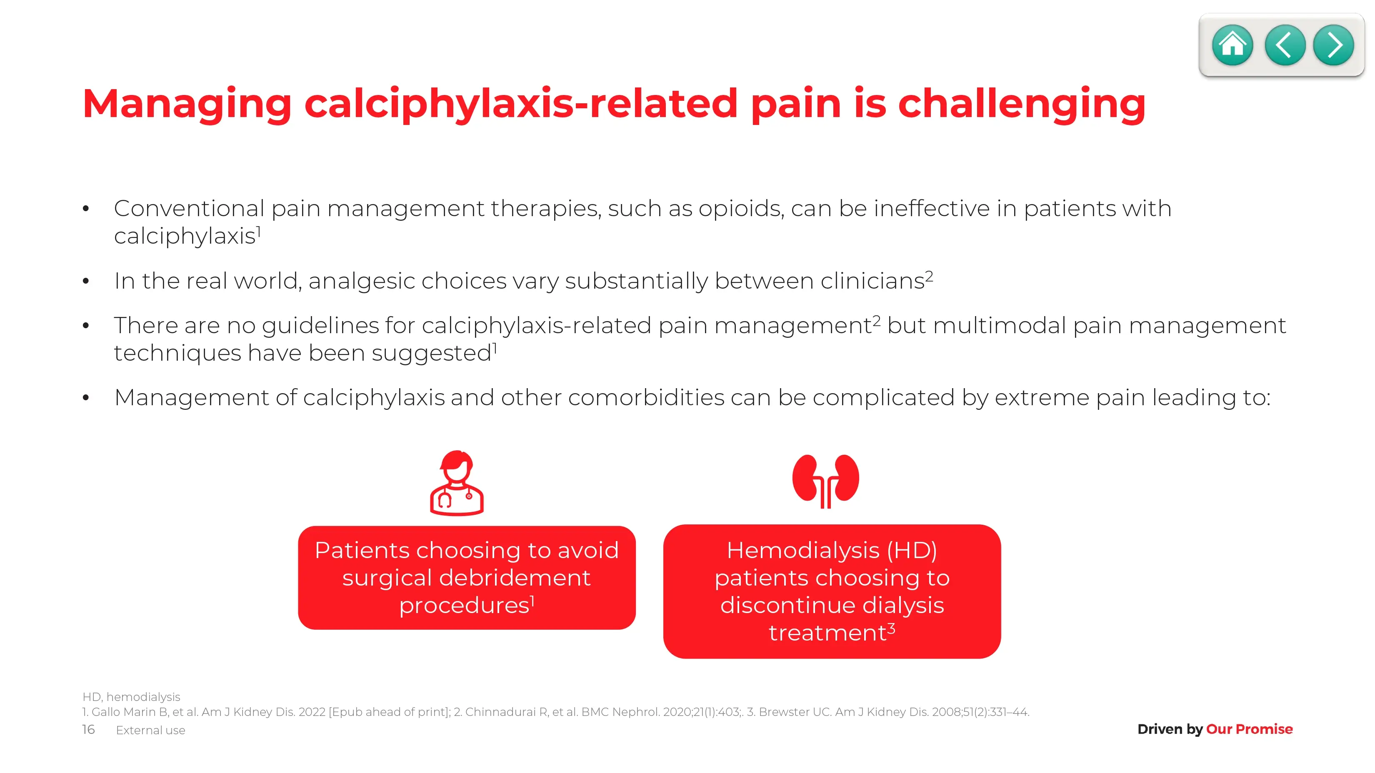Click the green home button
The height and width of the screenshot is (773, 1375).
(x=1232, y=45)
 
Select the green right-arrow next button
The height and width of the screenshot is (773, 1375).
(x=1333, y=45)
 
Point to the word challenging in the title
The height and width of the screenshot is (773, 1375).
(x=1022, y=105)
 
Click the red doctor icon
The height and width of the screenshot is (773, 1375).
(x=457, y=483)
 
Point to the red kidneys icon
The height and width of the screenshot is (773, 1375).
(x=826, y=481)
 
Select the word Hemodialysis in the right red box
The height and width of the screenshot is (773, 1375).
(x=803, y=551)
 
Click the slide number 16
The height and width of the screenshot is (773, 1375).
(x=89, y=729)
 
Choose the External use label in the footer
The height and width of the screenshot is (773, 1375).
(x=150, y=731)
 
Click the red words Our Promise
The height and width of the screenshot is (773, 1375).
(x=1249, y=729)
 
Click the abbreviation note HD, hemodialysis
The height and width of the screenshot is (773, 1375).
(x=131, y=697)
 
